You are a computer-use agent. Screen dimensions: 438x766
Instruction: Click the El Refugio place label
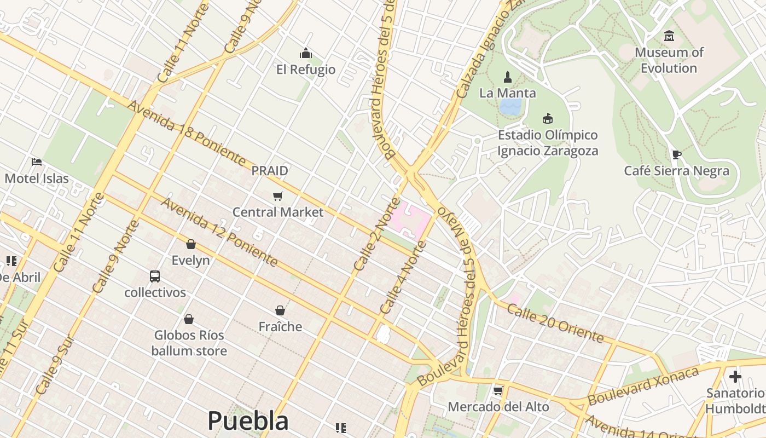(306, 70)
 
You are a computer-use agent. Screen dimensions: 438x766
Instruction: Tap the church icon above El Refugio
(305, 53)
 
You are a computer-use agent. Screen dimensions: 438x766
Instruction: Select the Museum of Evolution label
(669, 60)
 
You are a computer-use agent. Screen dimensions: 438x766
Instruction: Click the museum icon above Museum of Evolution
(669, 36)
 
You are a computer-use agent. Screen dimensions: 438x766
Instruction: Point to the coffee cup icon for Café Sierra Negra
(676, 154)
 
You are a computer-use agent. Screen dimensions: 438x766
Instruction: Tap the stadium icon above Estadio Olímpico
(547, 118)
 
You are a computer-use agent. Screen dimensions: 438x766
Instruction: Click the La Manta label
(508, 93)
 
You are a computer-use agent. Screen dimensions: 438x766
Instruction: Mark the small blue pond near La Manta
(510, 107)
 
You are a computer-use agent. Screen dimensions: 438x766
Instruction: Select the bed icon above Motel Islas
(37, 162)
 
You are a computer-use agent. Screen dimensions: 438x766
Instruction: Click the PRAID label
(270, 171)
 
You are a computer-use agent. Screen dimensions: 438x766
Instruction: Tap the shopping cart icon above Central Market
(278, 196)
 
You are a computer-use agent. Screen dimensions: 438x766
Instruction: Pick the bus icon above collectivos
(155, 276)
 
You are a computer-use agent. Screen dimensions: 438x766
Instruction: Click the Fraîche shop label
(280, 327)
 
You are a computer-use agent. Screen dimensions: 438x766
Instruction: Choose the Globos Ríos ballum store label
(189, 343)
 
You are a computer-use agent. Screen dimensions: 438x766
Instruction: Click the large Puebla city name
(248, 421)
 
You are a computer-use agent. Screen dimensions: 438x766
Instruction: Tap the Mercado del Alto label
(498, 407)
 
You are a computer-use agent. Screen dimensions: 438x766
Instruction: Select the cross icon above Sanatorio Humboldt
(735, 377)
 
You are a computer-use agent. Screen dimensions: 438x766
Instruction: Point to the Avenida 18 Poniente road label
(186, 134)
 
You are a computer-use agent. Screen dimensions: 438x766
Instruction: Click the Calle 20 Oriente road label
(555, 324)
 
